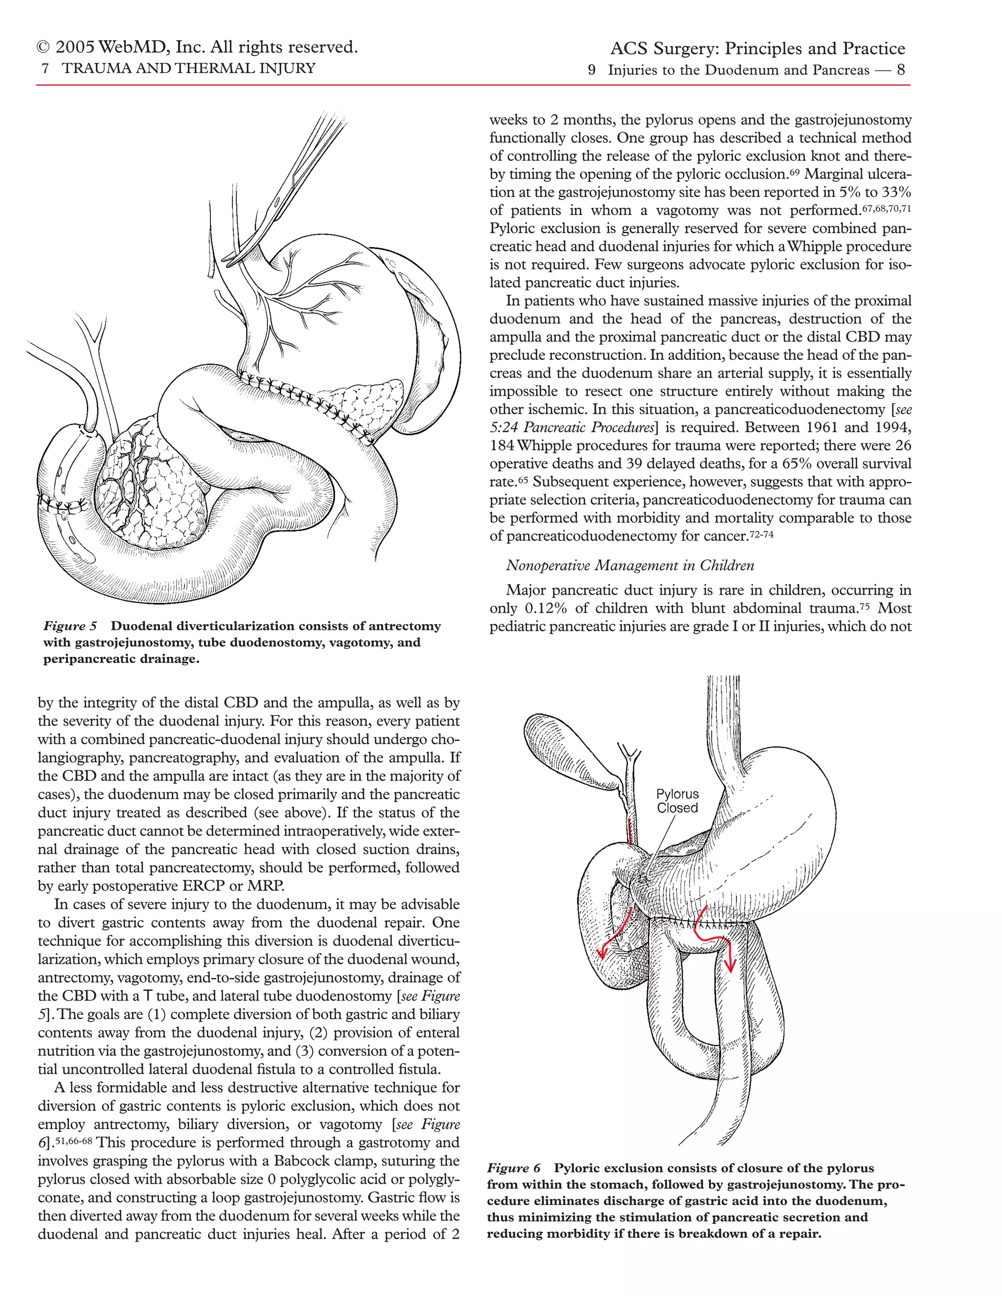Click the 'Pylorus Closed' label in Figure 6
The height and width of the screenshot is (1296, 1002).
(x=677, y=801)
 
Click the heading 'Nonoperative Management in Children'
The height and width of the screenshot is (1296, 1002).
(x=630, y=565)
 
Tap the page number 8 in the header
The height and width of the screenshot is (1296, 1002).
(x=901, y=70)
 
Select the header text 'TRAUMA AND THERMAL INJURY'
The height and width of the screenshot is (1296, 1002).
(x=189, y=68)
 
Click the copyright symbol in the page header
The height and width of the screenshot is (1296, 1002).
(x=44, y=47)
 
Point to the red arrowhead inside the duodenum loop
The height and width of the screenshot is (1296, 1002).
(x=602, y=952)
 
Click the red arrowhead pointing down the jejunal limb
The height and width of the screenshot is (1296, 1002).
(x=729, y=964)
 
